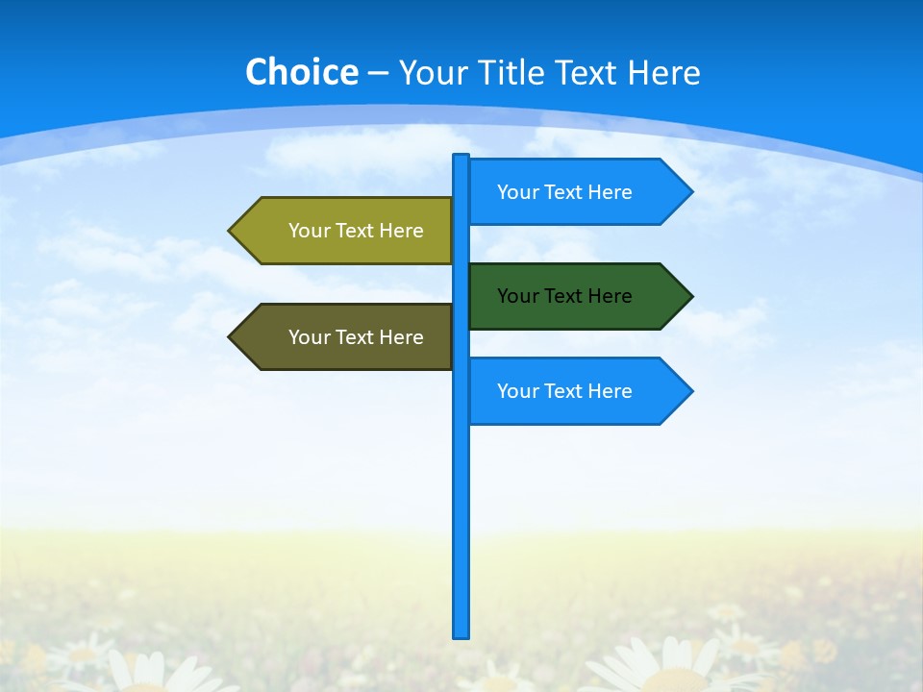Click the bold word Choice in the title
click(x=301, y=72)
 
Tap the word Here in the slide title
click(x=663, y=72)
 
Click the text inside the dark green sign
click(x=564, y=296)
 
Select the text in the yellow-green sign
click(x=356, y=231)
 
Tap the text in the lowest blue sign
click(x=564, y=391)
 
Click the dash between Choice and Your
click(x=378, y=74)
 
